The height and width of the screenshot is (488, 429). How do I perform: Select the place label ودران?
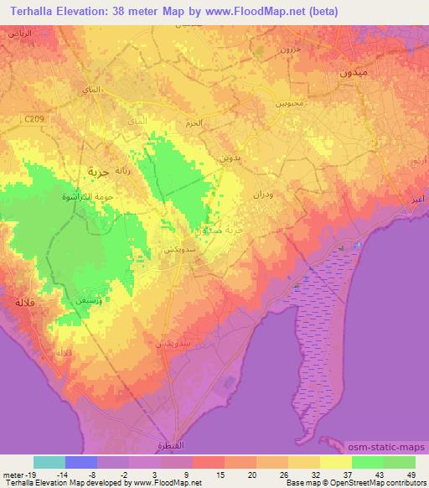point(263,194)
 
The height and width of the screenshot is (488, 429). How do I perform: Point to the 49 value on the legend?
point(411,475)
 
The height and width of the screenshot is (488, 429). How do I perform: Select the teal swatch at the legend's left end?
point(49,462)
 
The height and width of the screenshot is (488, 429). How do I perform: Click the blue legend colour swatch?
point(81,462)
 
